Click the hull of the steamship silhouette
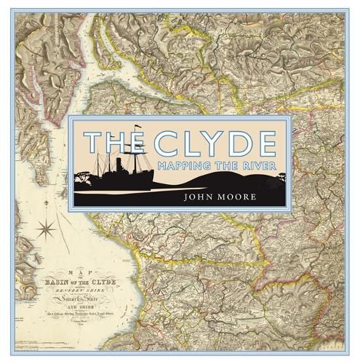tap(138, 179)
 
